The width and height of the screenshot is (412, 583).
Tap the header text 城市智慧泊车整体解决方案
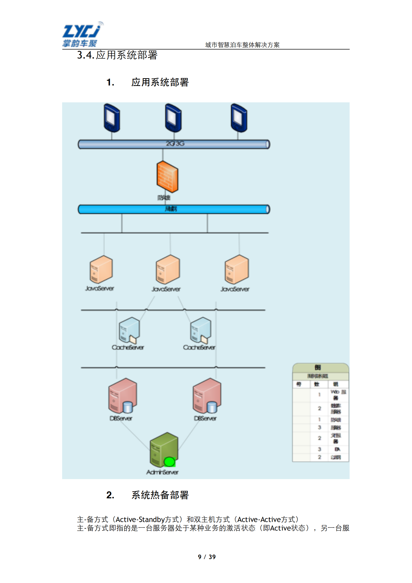242,45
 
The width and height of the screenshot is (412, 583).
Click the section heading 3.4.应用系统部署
117,55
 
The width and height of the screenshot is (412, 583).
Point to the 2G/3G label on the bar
175,143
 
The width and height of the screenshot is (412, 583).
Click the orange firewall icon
167,177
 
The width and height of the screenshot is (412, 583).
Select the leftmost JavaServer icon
101,269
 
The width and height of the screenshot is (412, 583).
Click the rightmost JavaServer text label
235,289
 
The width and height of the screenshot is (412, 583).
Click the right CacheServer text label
199,347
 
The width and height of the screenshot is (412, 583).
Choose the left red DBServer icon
122,396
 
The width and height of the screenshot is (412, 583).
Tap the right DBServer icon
207,396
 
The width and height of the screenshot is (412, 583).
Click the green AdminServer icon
164,449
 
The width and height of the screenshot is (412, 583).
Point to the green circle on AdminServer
169,462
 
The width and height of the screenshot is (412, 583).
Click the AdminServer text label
162,472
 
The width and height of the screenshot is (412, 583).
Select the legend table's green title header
320,367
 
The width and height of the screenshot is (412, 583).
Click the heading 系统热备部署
160,495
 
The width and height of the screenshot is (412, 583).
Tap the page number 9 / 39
207,557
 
